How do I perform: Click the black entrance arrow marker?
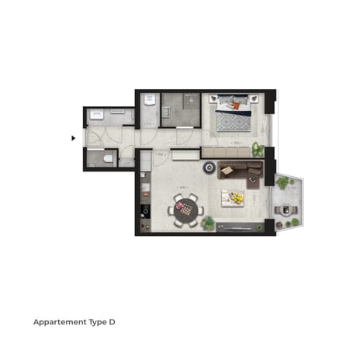[73, 138]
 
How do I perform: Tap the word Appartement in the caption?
[60, 320]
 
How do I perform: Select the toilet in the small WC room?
[109, 159]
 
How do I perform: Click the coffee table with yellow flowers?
[233, 198]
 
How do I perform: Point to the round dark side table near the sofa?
[209, 168]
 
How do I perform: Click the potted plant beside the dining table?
[208, 223]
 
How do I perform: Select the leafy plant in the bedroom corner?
[258, 150]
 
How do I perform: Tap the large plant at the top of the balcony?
[282, 183]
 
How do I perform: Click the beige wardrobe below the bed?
[225, 152]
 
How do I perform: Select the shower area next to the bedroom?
[181, 110]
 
